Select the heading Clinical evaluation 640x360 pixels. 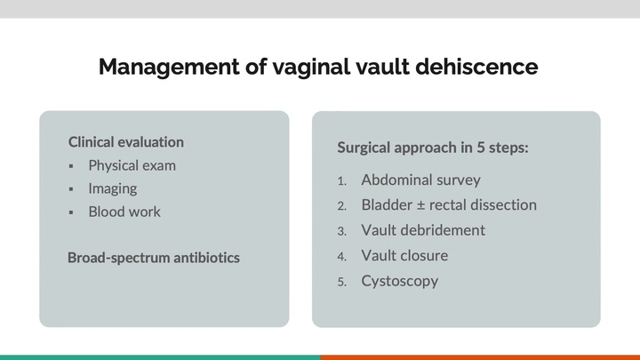125,142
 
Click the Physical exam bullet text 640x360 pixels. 132,165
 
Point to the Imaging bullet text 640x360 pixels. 112,188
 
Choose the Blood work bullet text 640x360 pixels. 124,212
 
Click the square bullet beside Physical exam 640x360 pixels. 72,166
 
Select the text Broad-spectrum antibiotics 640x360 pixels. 153,258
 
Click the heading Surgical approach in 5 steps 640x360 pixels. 433,148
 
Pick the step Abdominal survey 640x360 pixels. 420,180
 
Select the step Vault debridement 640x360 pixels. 423,230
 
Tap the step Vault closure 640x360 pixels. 404,256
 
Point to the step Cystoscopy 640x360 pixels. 399,281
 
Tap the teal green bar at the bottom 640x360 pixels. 160,356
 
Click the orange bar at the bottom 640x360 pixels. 480,356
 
